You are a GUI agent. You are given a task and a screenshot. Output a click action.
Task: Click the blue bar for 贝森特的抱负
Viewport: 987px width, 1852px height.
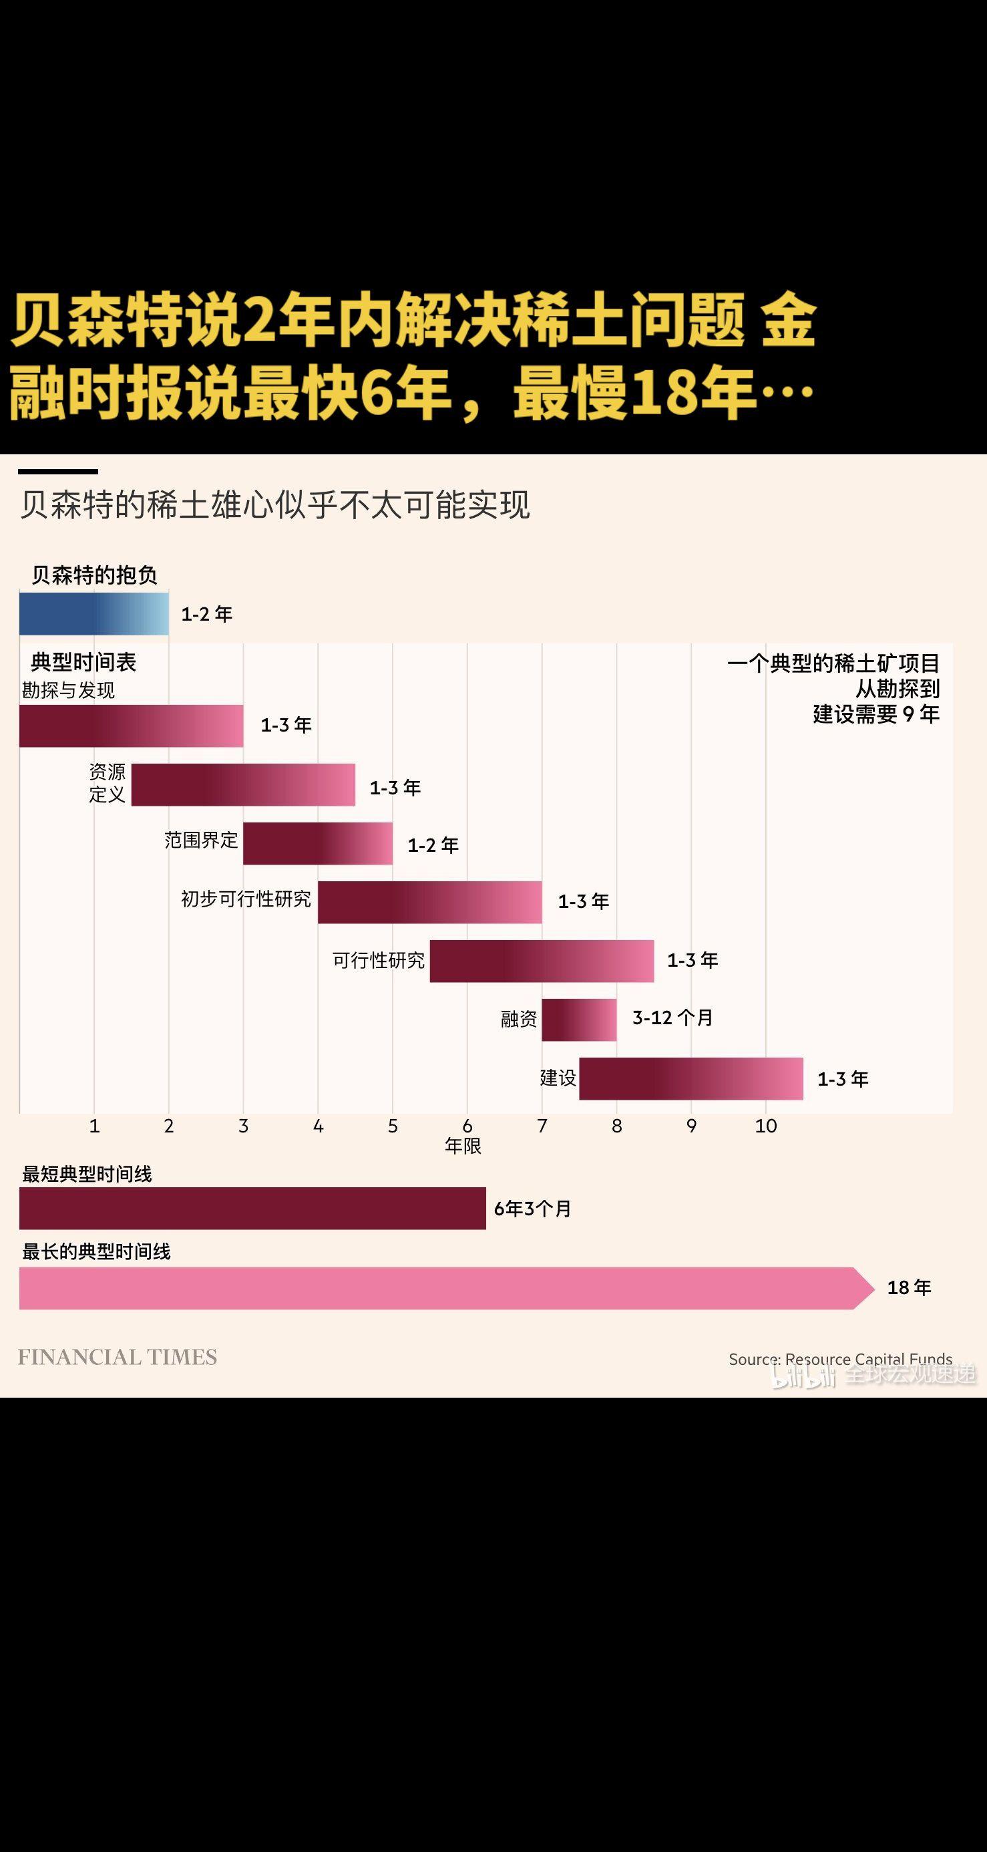93,613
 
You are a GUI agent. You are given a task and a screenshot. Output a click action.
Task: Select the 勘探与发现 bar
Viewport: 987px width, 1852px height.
131,726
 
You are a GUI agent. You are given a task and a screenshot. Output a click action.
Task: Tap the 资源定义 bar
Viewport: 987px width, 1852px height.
243,784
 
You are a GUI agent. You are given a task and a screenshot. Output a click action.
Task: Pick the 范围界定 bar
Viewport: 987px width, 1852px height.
318,843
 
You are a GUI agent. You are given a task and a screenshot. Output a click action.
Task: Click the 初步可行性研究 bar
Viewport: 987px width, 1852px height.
429,901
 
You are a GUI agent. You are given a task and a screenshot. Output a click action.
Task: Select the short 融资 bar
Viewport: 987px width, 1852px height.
579,1020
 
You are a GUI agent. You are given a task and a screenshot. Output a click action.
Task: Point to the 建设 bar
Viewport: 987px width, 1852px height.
690,1078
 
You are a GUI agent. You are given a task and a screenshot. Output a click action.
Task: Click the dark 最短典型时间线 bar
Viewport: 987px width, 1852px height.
252,1209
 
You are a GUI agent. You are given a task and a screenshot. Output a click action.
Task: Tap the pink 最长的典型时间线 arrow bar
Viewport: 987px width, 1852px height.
439,1288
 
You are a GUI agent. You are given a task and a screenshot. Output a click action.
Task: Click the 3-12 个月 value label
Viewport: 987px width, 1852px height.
672,1018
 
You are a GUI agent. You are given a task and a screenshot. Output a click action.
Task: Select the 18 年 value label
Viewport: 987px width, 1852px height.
909,1287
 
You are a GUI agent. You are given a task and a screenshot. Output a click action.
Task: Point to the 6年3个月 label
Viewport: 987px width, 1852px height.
532,1209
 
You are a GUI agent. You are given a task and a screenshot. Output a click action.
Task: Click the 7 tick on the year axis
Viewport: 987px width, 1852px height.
542,1126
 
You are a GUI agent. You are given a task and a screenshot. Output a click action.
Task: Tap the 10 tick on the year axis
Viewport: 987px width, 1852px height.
765,1126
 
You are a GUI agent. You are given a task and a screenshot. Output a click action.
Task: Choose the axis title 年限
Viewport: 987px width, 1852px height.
462,1146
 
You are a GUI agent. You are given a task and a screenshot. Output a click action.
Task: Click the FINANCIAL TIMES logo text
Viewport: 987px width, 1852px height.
117,1358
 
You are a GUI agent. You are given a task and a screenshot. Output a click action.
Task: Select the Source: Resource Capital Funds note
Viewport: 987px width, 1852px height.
839,1359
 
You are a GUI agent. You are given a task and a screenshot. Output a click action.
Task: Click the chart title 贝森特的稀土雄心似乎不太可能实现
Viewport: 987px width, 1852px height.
274,504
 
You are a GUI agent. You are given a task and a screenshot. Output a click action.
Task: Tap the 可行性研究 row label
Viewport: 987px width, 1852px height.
378,961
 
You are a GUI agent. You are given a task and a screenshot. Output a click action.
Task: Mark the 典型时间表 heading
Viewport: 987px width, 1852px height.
83,662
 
